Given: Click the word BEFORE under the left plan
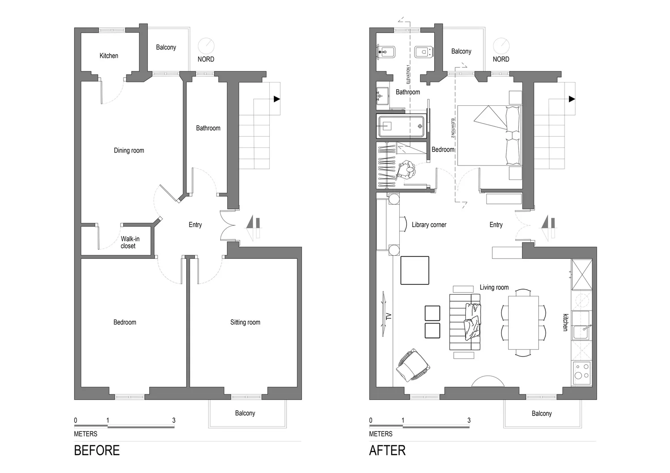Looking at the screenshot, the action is click(x=96, y=450).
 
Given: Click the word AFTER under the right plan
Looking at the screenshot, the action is click(x=387, y=450).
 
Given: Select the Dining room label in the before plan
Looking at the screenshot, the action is click(x=129, y=150).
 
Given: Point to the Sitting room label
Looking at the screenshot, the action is click(x=245, y=322).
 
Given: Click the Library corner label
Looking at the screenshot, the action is click(x=429, y=225).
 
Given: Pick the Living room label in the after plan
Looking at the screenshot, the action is click(x=494, y=287).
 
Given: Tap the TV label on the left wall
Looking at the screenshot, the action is click(x=389, y=316).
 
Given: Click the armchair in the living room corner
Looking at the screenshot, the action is click(x=413, y=365).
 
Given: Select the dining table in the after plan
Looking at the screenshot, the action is click(x=523, y=323).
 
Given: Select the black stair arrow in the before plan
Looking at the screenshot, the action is click(x=277, y=99).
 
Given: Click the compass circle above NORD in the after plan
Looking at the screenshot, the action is click(x=501, y=46).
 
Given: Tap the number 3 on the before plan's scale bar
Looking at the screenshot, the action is click(x=174, y=420).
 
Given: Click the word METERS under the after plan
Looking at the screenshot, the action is click(x=381, y=434).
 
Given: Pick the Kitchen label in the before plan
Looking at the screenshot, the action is click(x=109, y=56).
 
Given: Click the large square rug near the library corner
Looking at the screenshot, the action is click(x=415, y=270).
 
